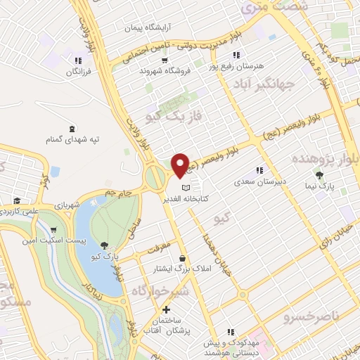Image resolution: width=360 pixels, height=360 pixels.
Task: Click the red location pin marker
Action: pyautogui.click(x=180, y=165)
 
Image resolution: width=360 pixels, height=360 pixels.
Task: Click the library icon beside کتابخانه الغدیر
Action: pyautogui.click(x=186, y=188)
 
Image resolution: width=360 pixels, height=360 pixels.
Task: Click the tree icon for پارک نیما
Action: pyautogui.click(x=321, y=175)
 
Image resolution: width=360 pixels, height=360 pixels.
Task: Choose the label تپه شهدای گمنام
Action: pyautogui.click(x=68, y=139)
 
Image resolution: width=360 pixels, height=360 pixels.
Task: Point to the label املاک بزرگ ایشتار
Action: pyautogui.click(x=184, y=269)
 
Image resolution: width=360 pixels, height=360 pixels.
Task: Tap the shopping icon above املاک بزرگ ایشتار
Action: pyautogui.click(x=184, y=257)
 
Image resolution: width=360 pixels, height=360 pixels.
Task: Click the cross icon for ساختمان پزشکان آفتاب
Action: pyautogui.click(x=166, y=310)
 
